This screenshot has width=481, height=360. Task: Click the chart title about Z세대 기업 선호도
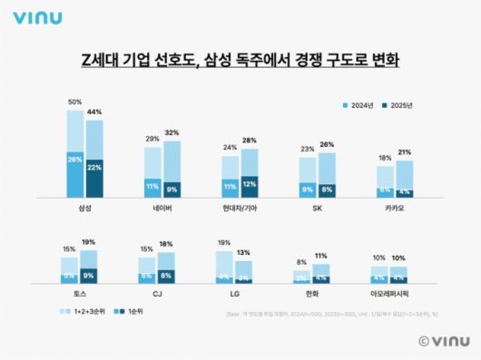coord(240,62)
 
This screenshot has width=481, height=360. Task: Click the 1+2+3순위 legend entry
coord(84,310)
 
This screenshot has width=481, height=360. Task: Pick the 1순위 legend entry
coord(132,310)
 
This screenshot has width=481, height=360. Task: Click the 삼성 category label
coord(85,208)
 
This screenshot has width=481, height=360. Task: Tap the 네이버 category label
coord(162,208)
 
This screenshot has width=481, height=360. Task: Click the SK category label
coord(318,208)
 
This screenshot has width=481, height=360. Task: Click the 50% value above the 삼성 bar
coord(75,102)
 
